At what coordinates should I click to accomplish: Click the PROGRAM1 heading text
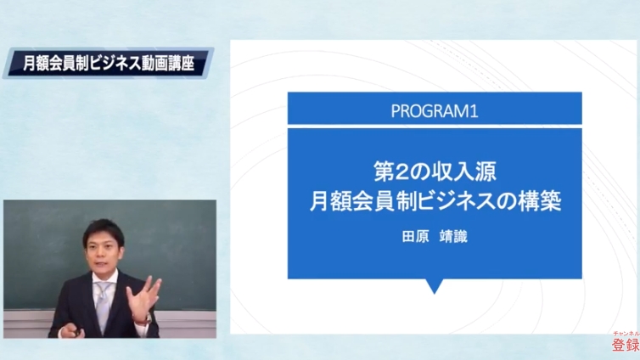pyautogui.click(x=435, y=111)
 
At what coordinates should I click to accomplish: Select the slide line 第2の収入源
pyautogui.click(x=435, y=172)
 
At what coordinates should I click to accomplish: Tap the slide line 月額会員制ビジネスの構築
pyautogui.click(x=435, y=201)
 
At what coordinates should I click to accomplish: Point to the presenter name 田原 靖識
pyautogui.click(x=435, y=237)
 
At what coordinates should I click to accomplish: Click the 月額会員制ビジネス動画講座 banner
pyautogui.click(x=108, y=63)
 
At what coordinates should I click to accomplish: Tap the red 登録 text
pyautogui.click(x=626, y=346)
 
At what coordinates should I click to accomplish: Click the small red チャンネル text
pyautogui.click(x=626, y=334)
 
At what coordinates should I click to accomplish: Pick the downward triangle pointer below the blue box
pyautogui.click(x=435, y=286)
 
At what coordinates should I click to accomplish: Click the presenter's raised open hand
pyautogui.click(x=143, y=297)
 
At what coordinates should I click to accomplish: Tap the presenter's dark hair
pyautogui.click(x=104, y=232)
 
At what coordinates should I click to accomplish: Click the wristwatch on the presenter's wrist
pyautogui.click(x=148, y=318)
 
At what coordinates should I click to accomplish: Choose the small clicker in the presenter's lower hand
pyautogui.click(x=76, y=334)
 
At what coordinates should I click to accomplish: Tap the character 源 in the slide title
pyautogui.click(x=486, y=172)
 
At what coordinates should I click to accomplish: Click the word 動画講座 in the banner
pyautogui.click(x=168, y=64)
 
